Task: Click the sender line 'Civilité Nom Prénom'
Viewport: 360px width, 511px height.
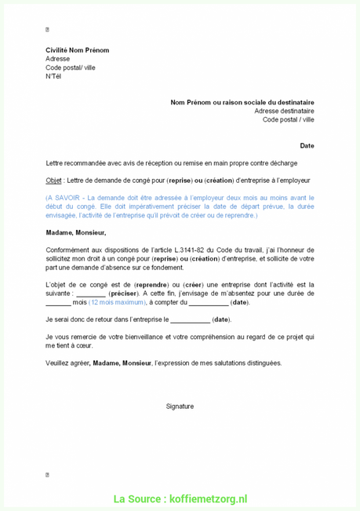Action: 77,50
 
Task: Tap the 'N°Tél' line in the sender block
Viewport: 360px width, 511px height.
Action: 53,76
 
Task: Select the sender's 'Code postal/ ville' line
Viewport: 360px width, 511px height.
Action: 70,68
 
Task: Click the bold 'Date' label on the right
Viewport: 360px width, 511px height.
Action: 307,145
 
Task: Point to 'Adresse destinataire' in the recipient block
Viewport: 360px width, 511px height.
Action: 284,111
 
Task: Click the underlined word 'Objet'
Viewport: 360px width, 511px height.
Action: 53,180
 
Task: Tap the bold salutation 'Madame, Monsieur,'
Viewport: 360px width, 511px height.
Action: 75,232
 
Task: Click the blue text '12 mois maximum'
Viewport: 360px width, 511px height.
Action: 117,302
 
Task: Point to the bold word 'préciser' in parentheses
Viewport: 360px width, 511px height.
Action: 123,294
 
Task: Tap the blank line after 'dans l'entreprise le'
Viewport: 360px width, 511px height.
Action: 190,320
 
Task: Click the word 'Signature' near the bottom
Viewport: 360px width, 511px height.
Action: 180,406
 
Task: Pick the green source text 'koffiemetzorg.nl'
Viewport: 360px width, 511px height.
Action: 208,499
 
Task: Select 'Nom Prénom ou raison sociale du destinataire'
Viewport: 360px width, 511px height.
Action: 242,102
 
